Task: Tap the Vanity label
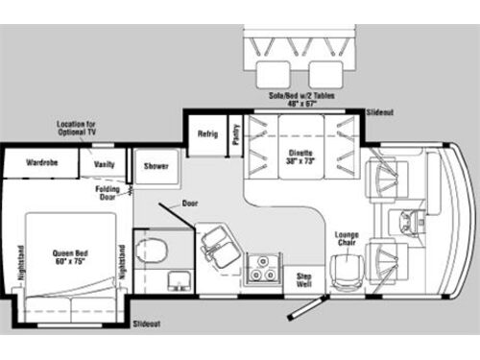(x=104, y=164)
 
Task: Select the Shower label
(x=156, y=165)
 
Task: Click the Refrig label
(x=208, y=134)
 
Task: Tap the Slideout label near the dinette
(x=380, y=112)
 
